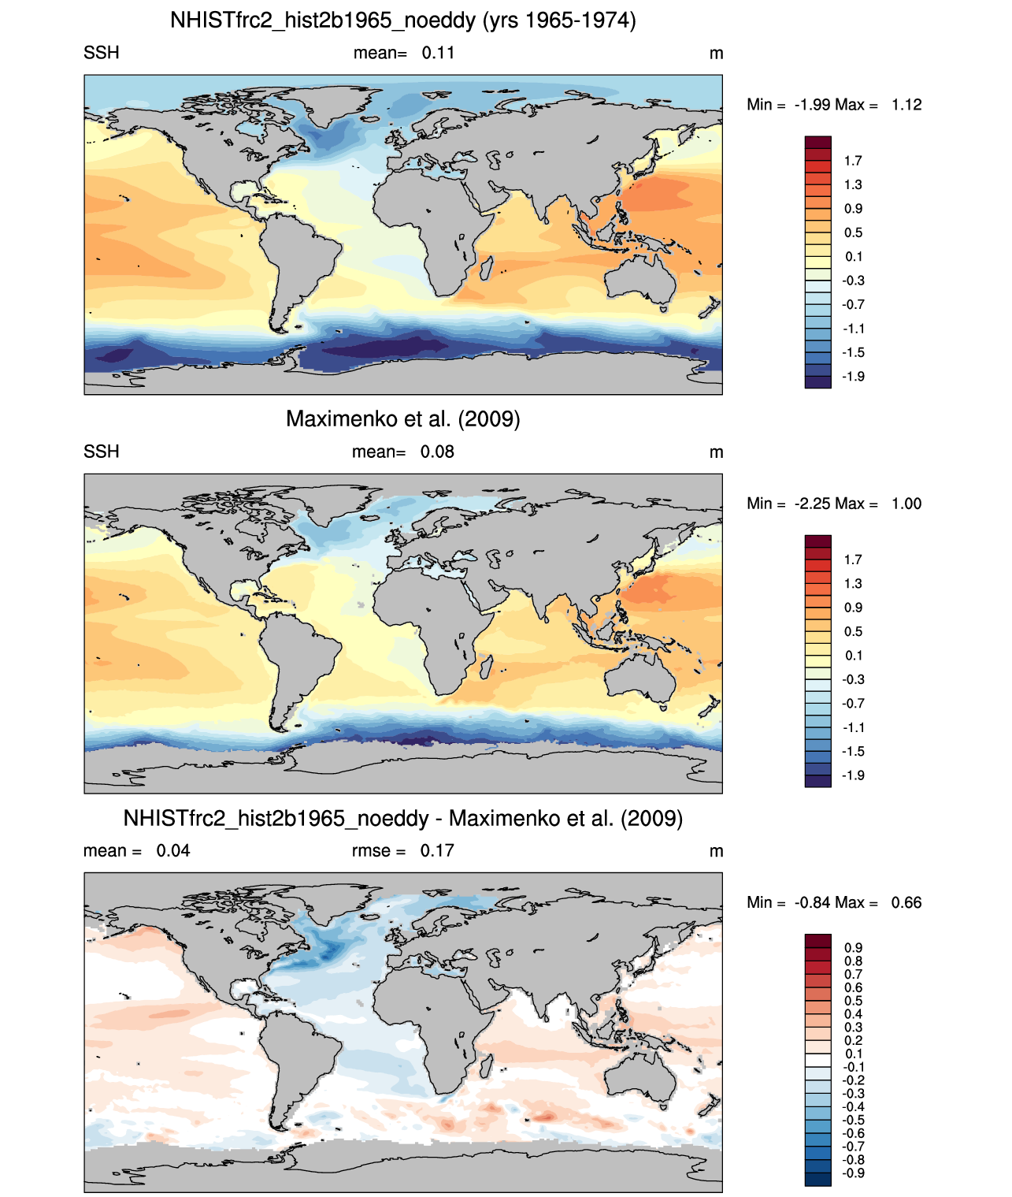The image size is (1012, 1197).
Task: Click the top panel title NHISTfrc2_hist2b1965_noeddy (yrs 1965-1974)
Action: pos(402,20)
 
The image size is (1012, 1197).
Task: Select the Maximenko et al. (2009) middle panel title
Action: pos(402,418)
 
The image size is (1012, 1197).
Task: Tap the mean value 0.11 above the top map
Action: pos(438,53)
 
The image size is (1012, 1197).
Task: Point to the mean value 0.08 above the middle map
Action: pos(437,452)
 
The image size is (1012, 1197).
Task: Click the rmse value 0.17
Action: pos(437,851)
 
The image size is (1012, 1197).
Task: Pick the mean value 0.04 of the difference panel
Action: pos(173,851)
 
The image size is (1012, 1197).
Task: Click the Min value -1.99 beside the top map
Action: pos(813,105)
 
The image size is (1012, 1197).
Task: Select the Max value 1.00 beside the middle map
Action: pos(906,504)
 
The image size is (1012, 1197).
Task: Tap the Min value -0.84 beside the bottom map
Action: pos(813,903)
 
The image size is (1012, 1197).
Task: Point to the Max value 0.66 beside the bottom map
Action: pos(906,903)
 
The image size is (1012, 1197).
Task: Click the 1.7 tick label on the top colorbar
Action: pos(853,161)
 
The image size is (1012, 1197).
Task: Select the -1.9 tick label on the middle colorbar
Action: pos(853,775)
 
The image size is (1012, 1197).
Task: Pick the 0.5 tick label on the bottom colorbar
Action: pos(853,1002)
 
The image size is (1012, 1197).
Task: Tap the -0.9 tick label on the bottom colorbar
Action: pos(853,1173)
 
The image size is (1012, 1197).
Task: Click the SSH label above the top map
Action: pos(102,53)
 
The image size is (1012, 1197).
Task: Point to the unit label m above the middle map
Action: pos(717,452)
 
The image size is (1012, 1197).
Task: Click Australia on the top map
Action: pos(640,280)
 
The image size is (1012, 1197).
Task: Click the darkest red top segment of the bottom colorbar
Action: pos(817,940)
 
